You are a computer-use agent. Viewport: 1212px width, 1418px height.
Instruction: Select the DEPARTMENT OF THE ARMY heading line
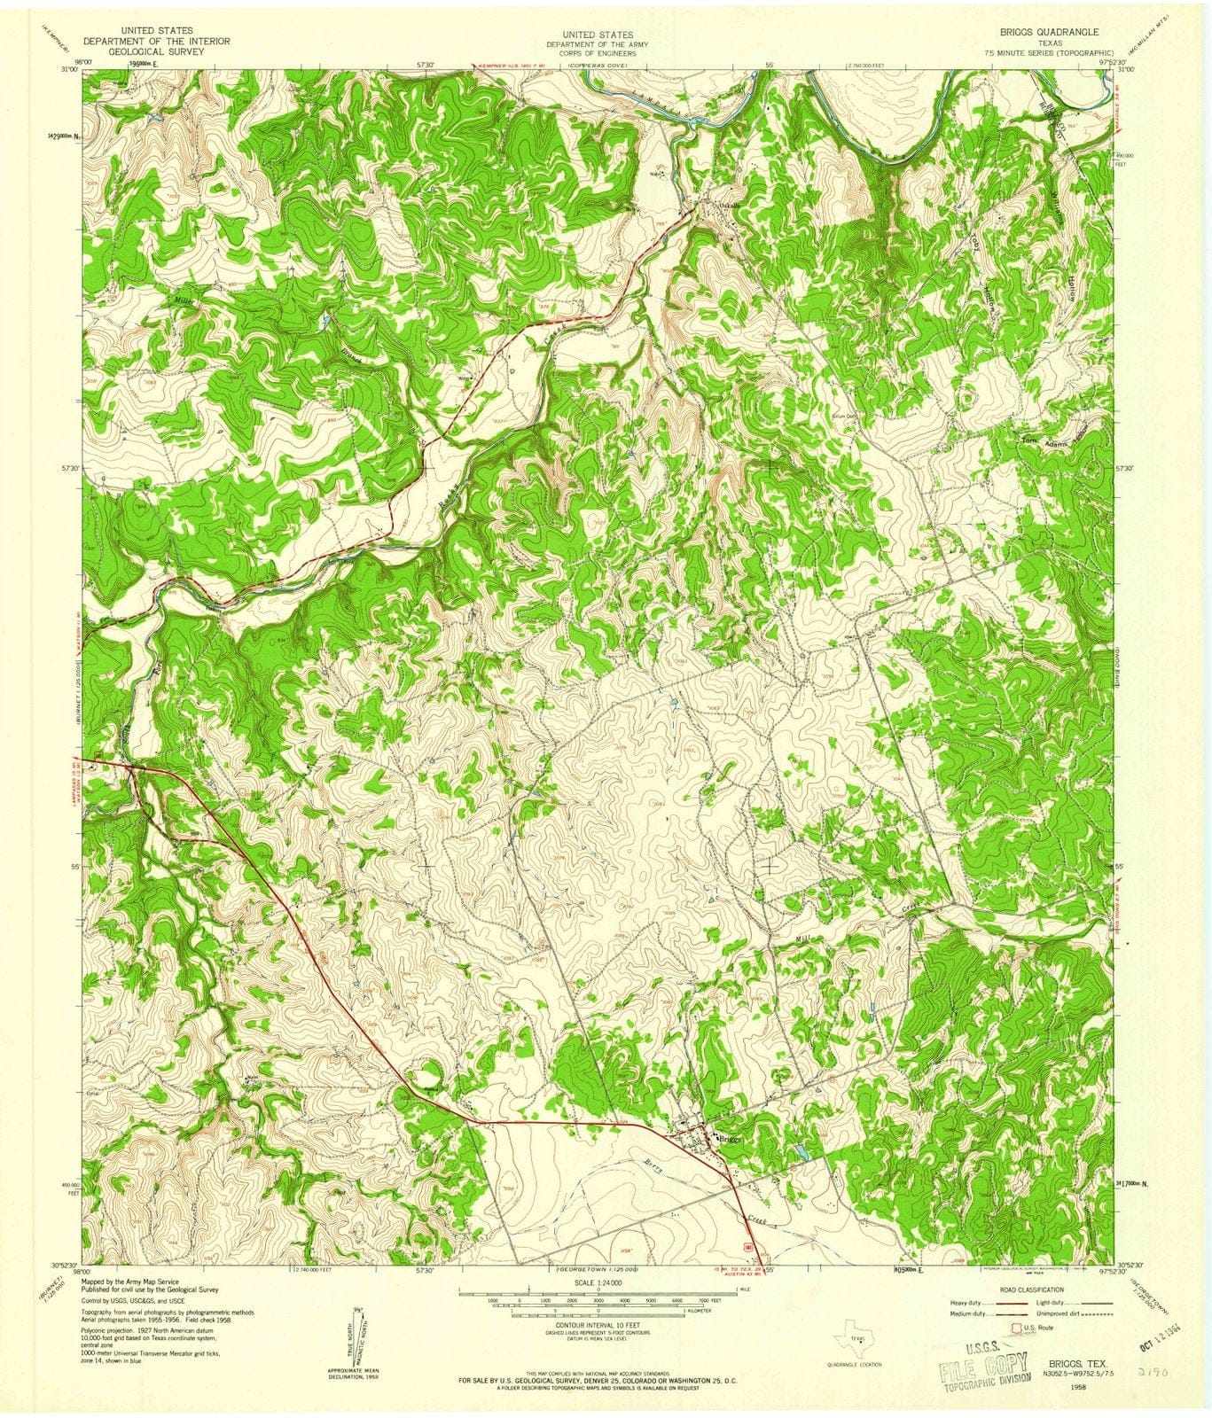click(590, 43)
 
